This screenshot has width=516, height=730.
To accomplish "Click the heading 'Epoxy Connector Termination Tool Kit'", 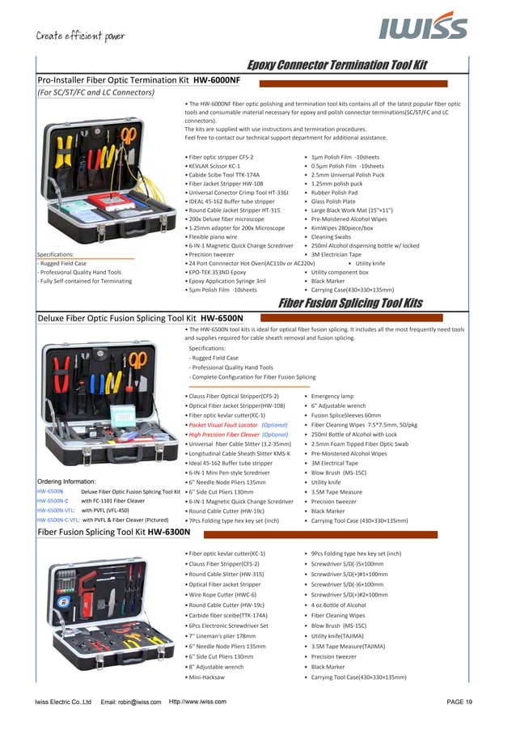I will pos(336,66).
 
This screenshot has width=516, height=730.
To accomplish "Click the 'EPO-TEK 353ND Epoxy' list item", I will pos(217,272).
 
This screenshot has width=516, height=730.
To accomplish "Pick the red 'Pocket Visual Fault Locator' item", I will pos(222,424).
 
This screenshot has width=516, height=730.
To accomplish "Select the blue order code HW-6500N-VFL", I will pos(57,511).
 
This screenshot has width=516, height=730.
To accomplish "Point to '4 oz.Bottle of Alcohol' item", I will pos(338,605).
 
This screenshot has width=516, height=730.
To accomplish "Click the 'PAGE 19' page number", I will pos(459,702).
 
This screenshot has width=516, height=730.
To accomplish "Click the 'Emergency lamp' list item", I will pos(332,396).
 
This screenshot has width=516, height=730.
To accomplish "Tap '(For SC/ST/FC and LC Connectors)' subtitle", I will pos(95,93).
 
